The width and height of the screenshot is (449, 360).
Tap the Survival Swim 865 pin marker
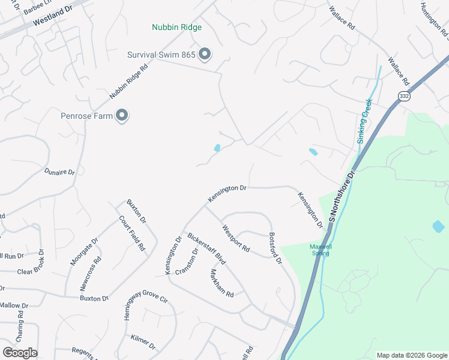pos(205,55)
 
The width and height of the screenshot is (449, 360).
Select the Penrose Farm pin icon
pos(122,115)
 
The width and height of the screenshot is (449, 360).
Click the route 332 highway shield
pos(403,96)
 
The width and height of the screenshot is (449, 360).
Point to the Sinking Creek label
pos(364,120)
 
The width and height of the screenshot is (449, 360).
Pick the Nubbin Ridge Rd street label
pos(128,82)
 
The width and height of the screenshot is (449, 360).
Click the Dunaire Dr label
pos(59,172)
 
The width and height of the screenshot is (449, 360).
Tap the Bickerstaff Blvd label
pos(206,249)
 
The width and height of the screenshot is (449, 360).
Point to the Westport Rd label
pos(235,238)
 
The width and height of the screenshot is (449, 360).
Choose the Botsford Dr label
pos(276,248)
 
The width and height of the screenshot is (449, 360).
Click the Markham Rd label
pos(221,281)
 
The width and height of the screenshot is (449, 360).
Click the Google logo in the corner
pos(20,353)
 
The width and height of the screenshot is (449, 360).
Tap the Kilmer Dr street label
pos(143,343)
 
